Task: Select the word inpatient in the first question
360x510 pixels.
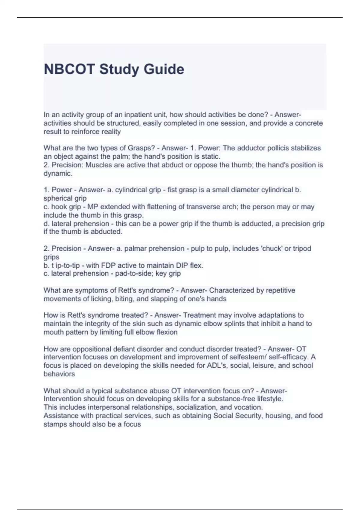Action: coord(142,115)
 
